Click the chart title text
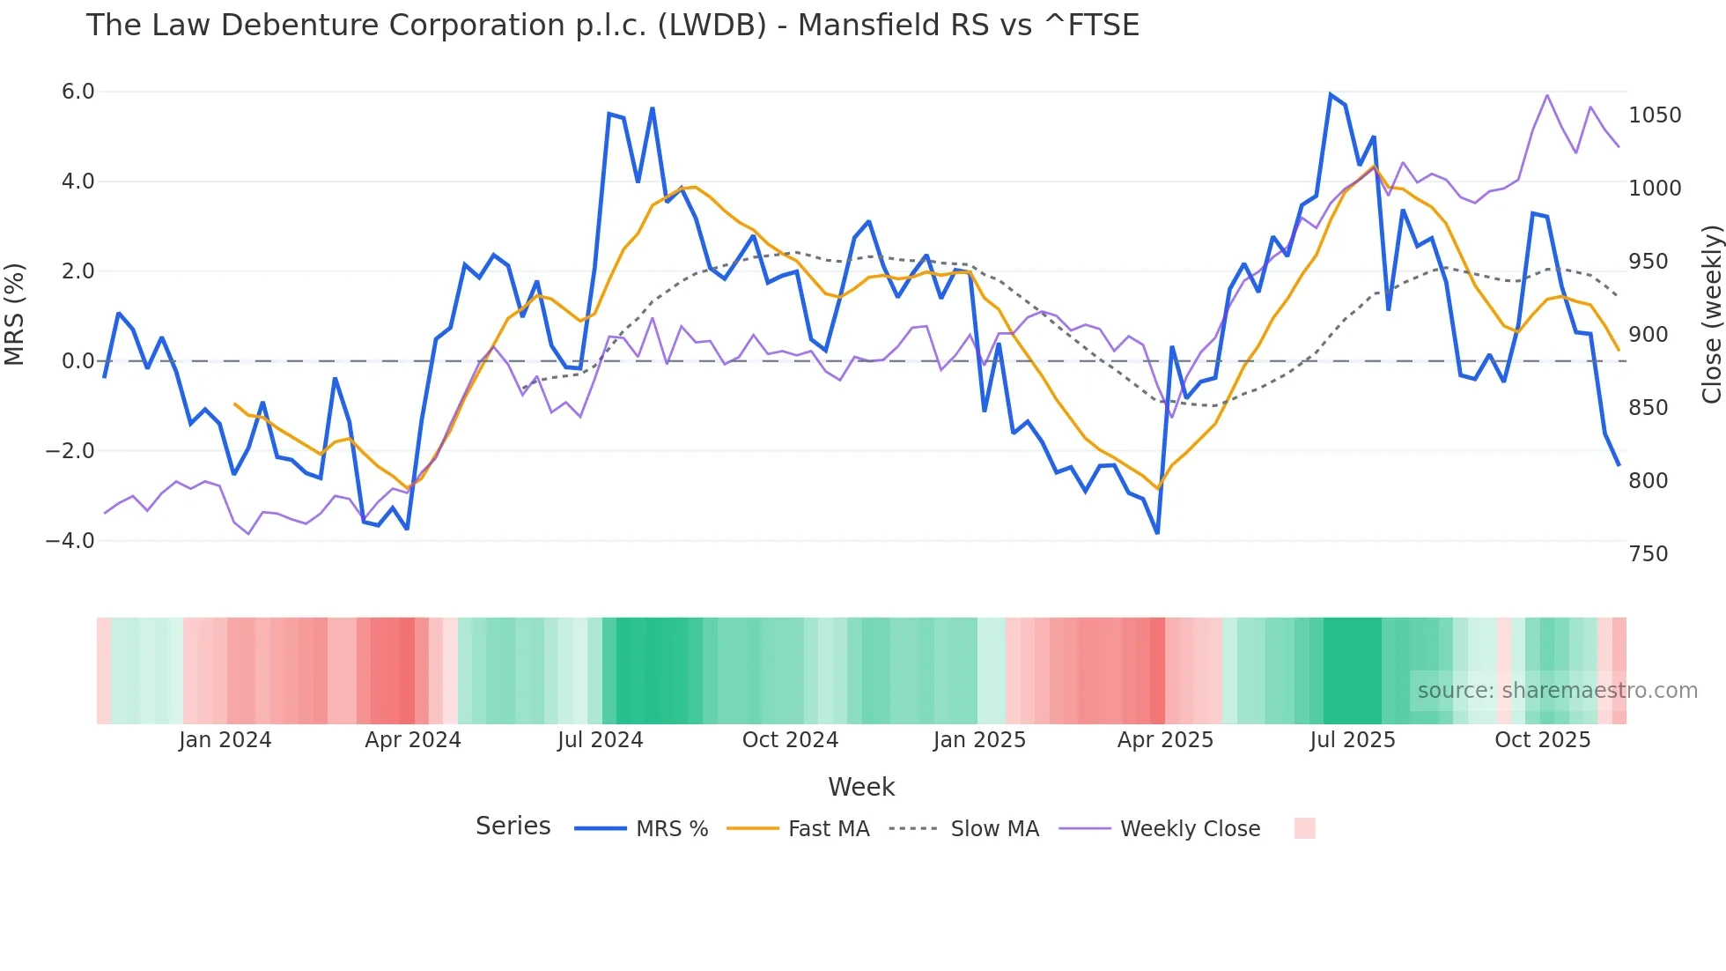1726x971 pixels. [x=612, y=26]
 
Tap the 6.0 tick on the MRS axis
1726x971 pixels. [x=77, y=92]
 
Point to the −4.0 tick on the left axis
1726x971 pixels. [x=70, y=541]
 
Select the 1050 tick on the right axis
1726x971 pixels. [x=1655, y=115]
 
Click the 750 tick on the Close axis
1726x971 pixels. [x=1648, y=554]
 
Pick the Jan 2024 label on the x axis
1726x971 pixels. [x=225, y=740]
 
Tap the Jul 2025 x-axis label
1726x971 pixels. [x=1352, y=740]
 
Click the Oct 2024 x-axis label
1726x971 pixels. [x=790, y=740]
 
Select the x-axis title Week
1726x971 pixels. [x=861, y=787]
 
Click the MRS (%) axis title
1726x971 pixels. [x=15, y=315]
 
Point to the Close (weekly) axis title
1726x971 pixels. [x=1711, y=315]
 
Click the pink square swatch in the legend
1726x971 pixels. [x=1304, y=828]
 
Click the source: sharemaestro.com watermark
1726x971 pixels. [x=1557, y=691]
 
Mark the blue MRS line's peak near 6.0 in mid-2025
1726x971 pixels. [x=1331, y=94]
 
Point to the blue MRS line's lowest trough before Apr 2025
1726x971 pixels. [x=1157, y=532]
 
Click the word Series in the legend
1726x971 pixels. [x=513, y=826]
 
